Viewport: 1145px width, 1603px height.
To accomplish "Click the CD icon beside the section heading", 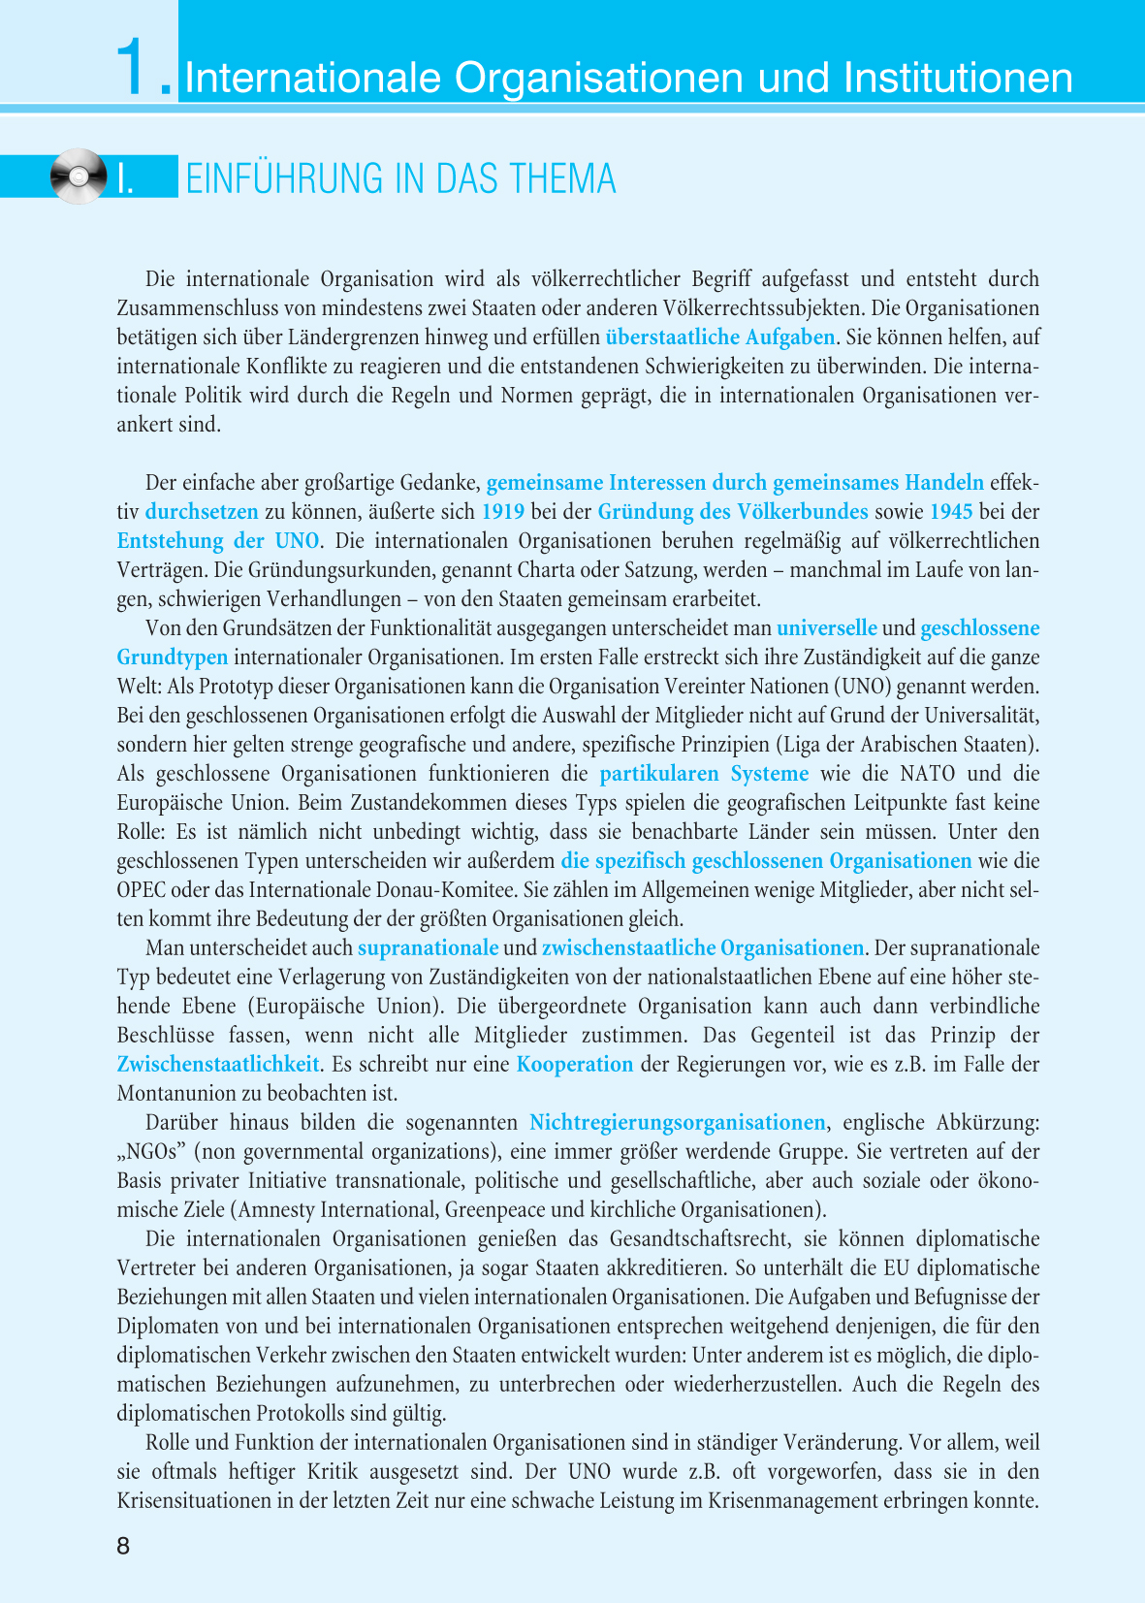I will click(78, 176).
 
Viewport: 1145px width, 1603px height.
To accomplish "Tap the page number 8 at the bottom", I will click(123, 1546).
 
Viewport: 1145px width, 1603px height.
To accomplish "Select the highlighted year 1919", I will click(503, 512).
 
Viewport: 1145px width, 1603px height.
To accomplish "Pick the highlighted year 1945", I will click(951, 512).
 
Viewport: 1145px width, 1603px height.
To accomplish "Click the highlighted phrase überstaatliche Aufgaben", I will click(720, 337).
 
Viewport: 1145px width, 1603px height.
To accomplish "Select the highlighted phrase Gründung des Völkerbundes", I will click(733, 512).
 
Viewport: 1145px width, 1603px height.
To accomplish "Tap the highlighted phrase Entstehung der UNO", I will click(217, 541).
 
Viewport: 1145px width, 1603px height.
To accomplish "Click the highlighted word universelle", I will click(827, 628).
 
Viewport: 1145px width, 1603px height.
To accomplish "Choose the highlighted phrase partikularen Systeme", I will click(704, 774).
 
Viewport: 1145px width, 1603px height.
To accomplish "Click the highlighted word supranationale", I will click(428, 948).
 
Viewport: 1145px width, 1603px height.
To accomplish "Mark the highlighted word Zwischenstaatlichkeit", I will click(218, 1065).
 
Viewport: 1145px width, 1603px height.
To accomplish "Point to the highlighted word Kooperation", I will click(575, 1065).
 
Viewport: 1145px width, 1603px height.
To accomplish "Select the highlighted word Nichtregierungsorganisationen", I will click(678, 1123).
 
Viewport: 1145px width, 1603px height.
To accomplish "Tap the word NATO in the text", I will click(928, 774).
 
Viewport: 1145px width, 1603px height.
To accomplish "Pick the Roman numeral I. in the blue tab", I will click(125, 180).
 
